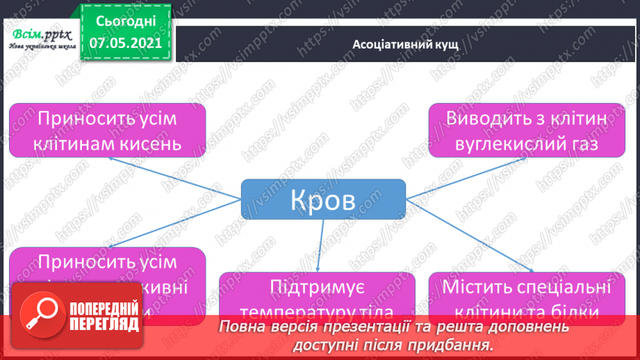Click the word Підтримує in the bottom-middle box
[317, 288]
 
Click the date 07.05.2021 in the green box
[125, 43]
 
